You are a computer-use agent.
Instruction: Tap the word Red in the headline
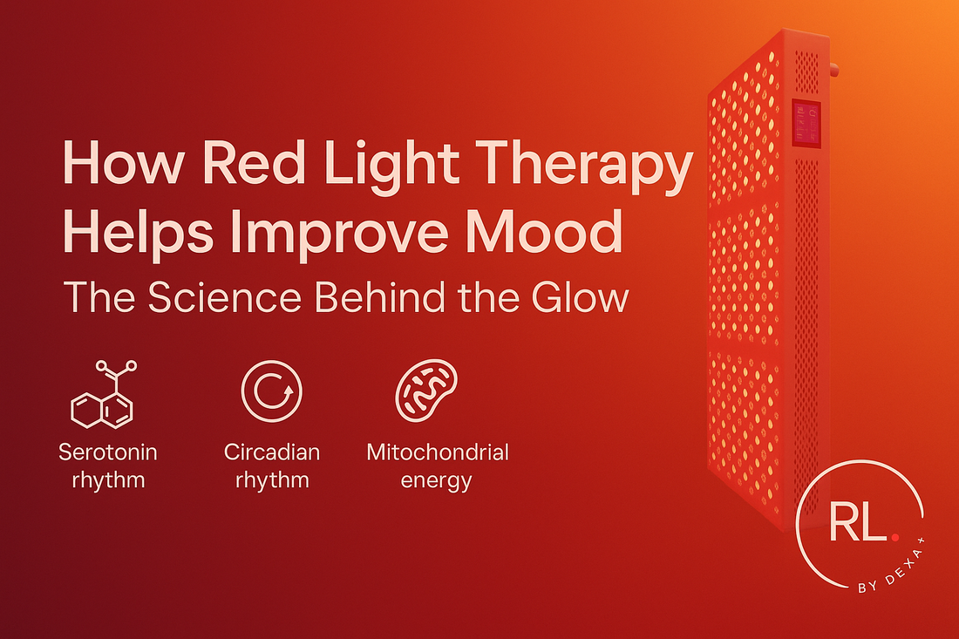(x=253, y=163)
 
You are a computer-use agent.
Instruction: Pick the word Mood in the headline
(x=544, y=233)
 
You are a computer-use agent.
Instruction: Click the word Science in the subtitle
(x=224, y=298)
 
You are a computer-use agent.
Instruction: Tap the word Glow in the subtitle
(x=580, y=298)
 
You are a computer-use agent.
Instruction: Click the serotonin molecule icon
(x=104, y=394)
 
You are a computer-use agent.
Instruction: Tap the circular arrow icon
(x=271, y=391)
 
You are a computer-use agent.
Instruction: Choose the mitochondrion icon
(x=426, y=391)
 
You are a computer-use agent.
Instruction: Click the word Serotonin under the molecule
(x=107, y=452)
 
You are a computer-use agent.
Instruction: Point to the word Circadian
(x=271, y=452)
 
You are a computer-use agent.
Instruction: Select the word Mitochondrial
(x=438, y=452)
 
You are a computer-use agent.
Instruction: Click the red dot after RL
(x=895, y=537)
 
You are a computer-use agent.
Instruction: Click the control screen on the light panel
(x=806, y=124)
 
